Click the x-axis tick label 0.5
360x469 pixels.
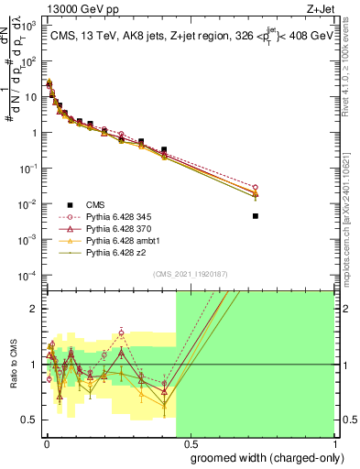point(190,441)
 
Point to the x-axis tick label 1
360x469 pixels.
point(333,441)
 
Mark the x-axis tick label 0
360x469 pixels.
point(46,441)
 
